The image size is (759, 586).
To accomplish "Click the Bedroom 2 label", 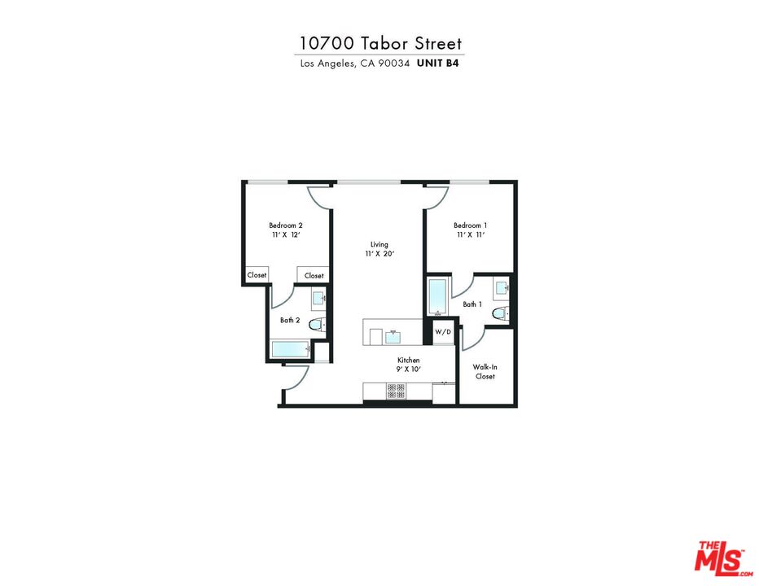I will (x=286, y=225).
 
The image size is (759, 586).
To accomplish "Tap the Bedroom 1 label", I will (x=470, y=225).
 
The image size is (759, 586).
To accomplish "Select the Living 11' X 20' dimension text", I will (x=379, y=254).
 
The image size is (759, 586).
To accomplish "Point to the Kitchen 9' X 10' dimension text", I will (x=408, y=369).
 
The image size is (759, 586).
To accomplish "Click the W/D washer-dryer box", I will (x=442, y=332).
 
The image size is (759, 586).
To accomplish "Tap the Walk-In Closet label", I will (x=485, y=372).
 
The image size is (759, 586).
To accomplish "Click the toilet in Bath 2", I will (x=316, y=325).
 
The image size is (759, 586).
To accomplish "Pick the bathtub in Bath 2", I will (x=291, y=350).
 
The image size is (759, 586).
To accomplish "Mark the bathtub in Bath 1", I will (x=437, y=298).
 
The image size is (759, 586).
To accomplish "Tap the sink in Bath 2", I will (x=318, y=300).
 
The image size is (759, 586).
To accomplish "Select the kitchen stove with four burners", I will (x=396, y=391).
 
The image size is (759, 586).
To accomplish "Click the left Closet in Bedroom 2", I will (x=257, y=275).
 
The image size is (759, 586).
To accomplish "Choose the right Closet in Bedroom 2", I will (x=314, y=276).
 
